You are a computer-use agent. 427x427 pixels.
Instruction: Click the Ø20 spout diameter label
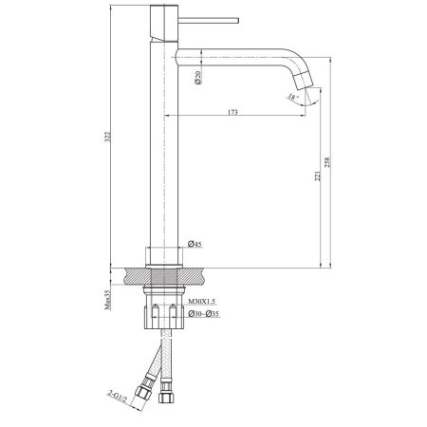[196, 79]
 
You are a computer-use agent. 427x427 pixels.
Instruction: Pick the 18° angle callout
[296, 98]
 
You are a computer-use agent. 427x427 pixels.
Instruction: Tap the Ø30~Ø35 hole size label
[204, 314]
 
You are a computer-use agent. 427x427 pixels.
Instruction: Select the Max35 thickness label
[107, 303]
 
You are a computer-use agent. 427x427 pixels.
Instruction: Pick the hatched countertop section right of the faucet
[198, 276]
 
